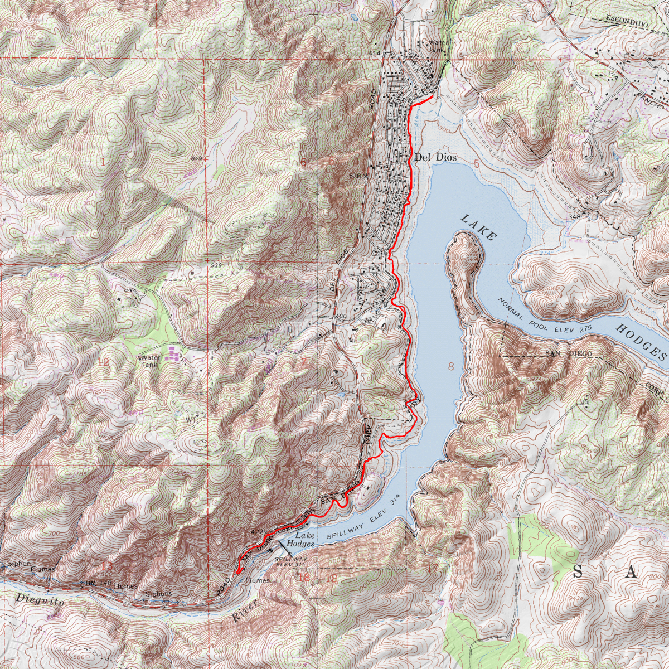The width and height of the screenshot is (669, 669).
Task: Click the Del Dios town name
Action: [435, 158]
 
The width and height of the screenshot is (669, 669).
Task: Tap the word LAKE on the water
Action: [478, 227]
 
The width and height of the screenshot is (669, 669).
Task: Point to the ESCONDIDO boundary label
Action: [626, 23]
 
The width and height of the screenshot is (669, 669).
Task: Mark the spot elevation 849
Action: [196, 159]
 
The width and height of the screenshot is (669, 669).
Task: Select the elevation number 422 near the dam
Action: [258, 532]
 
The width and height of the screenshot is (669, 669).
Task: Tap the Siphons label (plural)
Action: [159, 594]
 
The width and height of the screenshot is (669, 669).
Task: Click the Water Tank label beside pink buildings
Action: [150, 361]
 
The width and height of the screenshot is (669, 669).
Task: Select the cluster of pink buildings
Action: [173, 353]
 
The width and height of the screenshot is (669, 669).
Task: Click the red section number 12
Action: [103, 362]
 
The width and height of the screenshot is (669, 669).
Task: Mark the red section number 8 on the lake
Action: [450, 366]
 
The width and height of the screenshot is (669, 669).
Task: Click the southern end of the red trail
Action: [237, 571]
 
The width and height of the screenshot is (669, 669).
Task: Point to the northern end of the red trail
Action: [433, 97]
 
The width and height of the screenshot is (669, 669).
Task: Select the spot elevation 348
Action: [575, 216]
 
